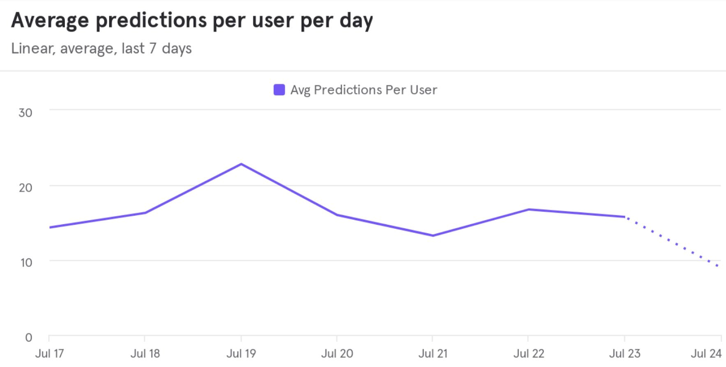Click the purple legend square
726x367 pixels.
(279, 90)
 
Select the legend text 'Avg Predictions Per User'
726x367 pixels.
(363, 90)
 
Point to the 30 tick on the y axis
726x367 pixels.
(25, 113)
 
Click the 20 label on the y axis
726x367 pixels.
(25, 188)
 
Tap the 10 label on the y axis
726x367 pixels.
(26, 263)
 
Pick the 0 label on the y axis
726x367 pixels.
(29, 338)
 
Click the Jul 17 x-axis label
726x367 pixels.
(49, 353)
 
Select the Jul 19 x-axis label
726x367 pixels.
(241, 353)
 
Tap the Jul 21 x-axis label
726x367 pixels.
(433, 353)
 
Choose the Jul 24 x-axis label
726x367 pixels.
(706, 353)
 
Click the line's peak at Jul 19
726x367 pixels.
(241, 164)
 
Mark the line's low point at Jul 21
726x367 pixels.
(433, 236)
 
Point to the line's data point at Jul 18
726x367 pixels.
(145, 212)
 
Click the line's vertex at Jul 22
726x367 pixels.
(529, 209)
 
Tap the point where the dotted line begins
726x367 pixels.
(625, 217)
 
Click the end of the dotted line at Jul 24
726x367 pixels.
(718, 266)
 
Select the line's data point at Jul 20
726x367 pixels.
(337, 215)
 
